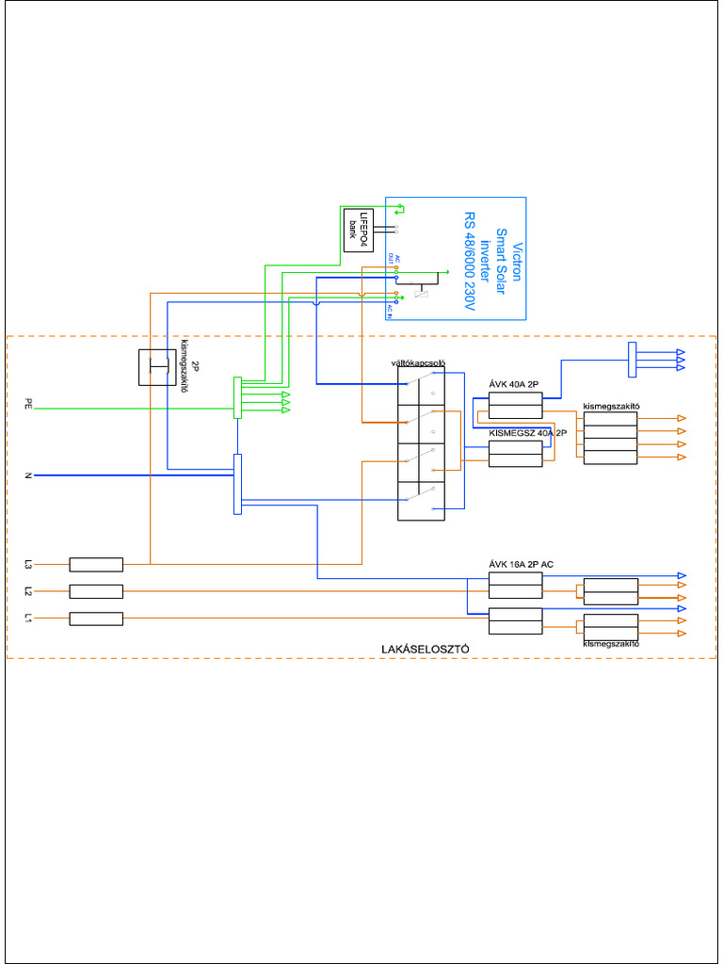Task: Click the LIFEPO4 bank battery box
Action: point(358,229)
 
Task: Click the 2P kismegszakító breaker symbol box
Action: point(157,367)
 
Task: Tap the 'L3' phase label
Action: point(29,565)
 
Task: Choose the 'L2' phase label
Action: point(29,591)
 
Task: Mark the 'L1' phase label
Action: point(29,619)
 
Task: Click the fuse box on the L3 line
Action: point(96,565)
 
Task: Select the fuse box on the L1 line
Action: point(96,619)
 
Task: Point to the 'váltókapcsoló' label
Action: point(417,362)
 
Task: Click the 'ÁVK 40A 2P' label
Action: point(514,385)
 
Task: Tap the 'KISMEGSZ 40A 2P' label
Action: point(528,432)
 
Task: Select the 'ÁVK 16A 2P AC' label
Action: point(521,564)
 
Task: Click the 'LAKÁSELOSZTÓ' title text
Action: point(426,650)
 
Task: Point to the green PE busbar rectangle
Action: point(238,398)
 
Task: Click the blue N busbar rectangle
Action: point(237,484)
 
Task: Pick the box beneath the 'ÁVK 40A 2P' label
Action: point(515,406)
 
